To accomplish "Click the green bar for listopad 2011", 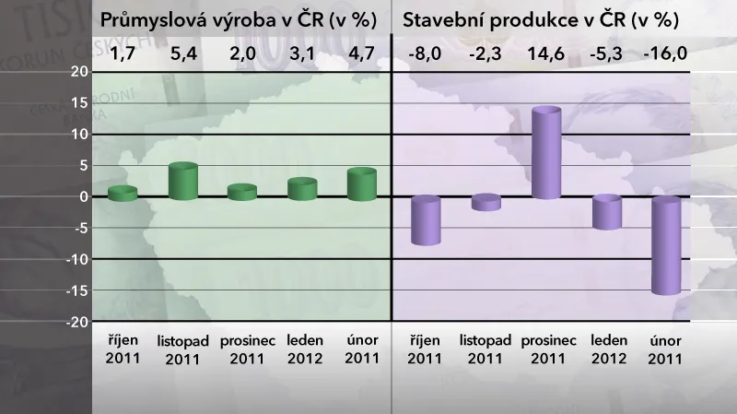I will pyautogui.click(x=183, y=182).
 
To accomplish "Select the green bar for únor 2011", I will pyautogui.click(x=362, y=184).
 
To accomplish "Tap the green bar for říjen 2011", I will pyautogui.click(x=123, y=193).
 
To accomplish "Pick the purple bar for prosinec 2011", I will pyautogui.click(x=546, y=153).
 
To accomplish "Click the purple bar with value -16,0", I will pyautogui.click(x=666, y=245).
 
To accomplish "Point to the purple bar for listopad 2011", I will pyautogui.click(x=485, y=203).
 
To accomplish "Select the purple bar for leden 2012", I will pyautogui.click(x=607, y=212).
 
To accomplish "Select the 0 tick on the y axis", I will pyautogui.click(x=83, y=196).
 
